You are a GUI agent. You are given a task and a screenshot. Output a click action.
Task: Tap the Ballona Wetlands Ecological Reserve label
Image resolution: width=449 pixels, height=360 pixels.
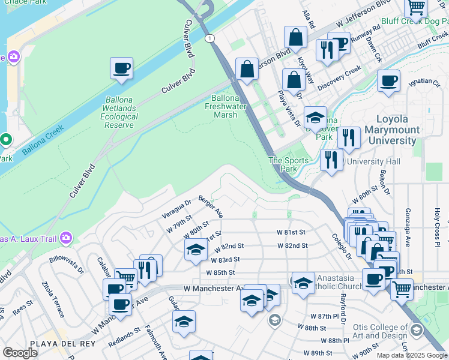point(119,112)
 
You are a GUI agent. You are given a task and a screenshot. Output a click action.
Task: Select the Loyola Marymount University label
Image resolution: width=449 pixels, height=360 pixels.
point(396,130)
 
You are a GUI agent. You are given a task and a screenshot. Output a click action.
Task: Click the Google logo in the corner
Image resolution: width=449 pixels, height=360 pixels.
point(20,353)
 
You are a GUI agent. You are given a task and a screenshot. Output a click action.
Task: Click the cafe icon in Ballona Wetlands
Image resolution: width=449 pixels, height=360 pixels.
point(121,68)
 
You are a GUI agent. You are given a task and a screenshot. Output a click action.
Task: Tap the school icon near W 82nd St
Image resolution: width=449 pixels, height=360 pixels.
point(196,250)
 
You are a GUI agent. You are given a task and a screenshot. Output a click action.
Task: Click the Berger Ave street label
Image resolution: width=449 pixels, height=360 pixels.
point(211,206)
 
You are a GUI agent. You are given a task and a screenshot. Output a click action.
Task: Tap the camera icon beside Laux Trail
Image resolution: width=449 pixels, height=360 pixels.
point(66,239)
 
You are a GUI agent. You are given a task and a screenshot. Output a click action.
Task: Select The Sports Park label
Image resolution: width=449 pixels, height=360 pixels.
point(288,164)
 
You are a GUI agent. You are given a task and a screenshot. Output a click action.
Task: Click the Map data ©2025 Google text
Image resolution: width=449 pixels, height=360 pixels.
point(411,355)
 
